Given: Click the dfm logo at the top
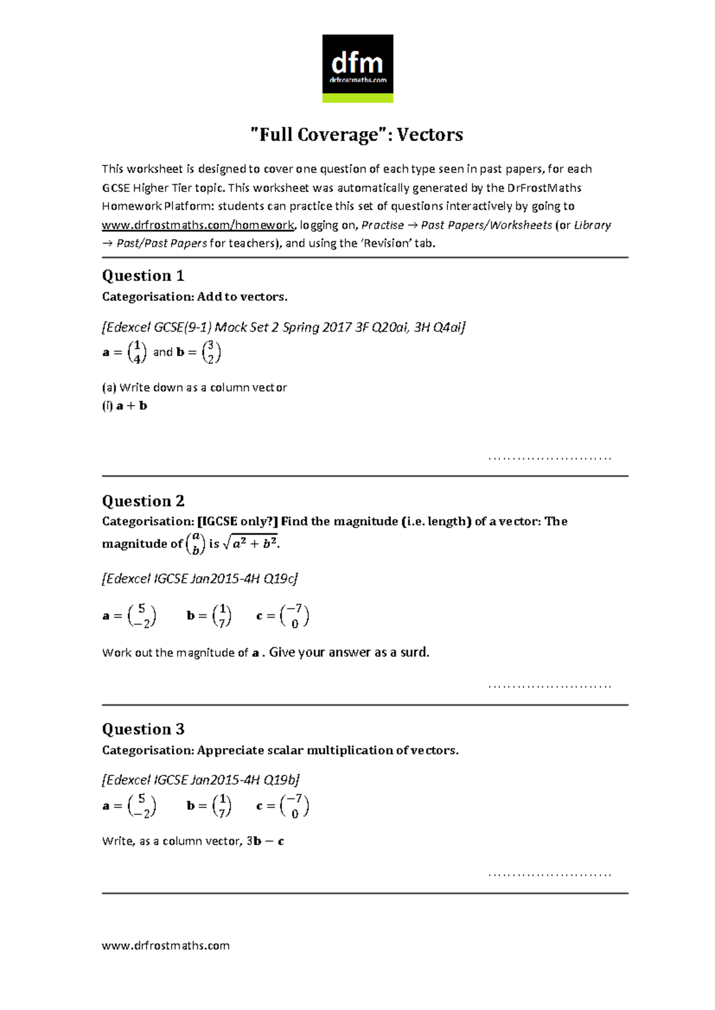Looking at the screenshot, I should point(357,68).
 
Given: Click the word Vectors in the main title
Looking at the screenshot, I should point(430,135).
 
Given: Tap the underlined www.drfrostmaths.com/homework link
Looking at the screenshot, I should point(198,225).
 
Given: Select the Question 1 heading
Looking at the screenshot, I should point(143,276).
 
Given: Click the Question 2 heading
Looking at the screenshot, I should point(143,501).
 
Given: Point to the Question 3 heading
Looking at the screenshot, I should point(143,730).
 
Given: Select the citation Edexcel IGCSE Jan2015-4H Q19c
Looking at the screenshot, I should point(200,579).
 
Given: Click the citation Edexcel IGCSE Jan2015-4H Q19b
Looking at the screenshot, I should point(201,780).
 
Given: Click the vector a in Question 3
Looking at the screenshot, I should point(141,806).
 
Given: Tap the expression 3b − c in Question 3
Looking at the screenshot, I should point(265,841).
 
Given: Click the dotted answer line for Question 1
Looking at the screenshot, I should point(549,458).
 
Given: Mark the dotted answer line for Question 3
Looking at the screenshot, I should point(549,875).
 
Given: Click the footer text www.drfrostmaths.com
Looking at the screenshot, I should point(166,946).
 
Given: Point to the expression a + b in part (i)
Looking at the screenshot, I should point(132,406).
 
